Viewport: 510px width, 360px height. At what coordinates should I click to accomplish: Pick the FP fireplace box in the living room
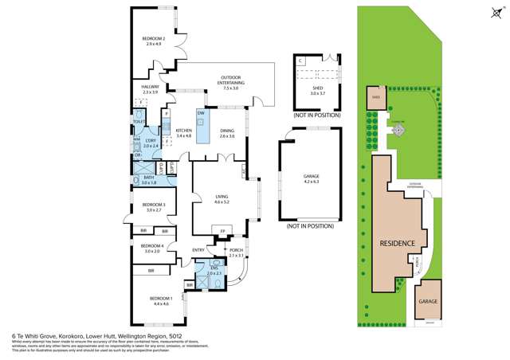pyautogui.click(x=222, y=232)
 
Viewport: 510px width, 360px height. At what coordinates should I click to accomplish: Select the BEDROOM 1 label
pyautogui.click(x=160, y=300)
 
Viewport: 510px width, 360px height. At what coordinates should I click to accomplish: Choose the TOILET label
pyautogui.click(x=139, y=122)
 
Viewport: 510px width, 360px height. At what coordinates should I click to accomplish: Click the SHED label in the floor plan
pyautogui.click(x=318, y=90)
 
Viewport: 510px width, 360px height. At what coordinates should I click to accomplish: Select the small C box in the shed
pyautogui.click(x=300, y=61)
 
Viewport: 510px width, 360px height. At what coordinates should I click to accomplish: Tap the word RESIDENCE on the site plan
pyautogui.click(x=396, y=243)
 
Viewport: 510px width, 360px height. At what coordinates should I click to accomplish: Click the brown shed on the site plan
pyautogui.click(x=375, y=99)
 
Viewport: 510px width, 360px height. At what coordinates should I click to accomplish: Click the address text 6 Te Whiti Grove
pyautogui.click(x=40, y=335)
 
